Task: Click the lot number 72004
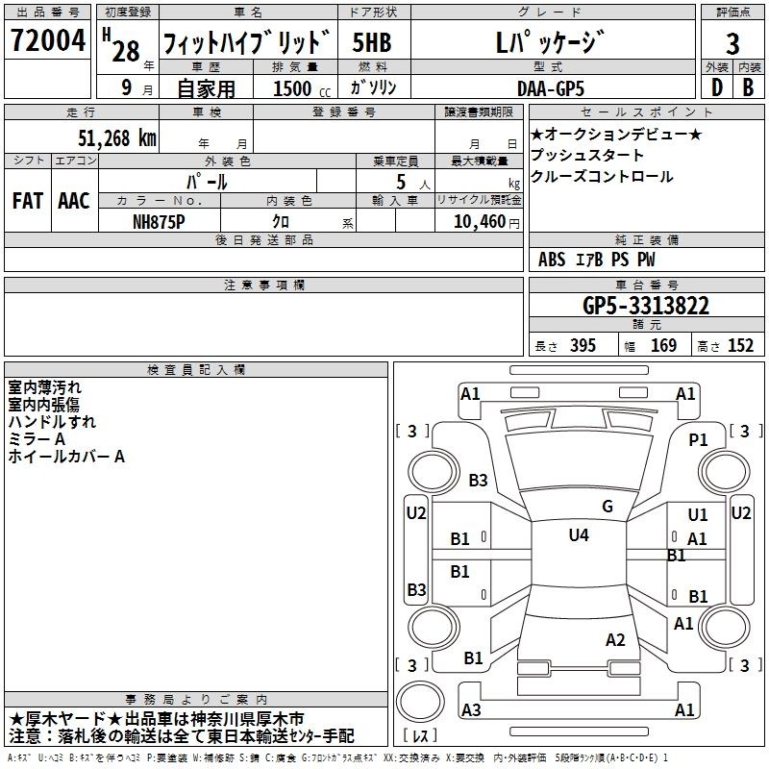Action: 48,40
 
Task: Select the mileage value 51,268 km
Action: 117,138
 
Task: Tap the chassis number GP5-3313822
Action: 646,306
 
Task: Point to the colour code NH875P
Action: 159,222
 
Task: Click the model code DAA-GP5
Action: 551,88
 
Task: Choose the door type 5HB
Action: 372,42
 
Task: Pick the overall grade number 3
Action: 732,43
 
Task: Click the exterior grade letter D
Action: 717,87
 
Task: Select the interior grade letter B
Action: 748,87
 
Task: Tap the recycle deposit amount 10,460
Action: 480,222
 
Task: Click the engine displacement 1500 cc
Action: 302,88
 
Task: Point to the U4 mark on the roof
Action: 579,534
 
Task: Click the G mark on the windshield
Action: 608,506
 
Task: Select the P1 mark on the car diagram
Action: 699,440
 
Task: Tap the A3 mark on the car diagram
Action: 471,709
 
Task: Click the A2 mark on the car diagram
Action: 615,639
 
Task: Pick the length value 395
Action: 583,346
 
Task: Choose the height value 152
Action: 740,346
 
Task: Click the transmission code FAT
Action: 28,201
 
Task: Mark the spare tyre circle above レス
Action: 420,702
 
